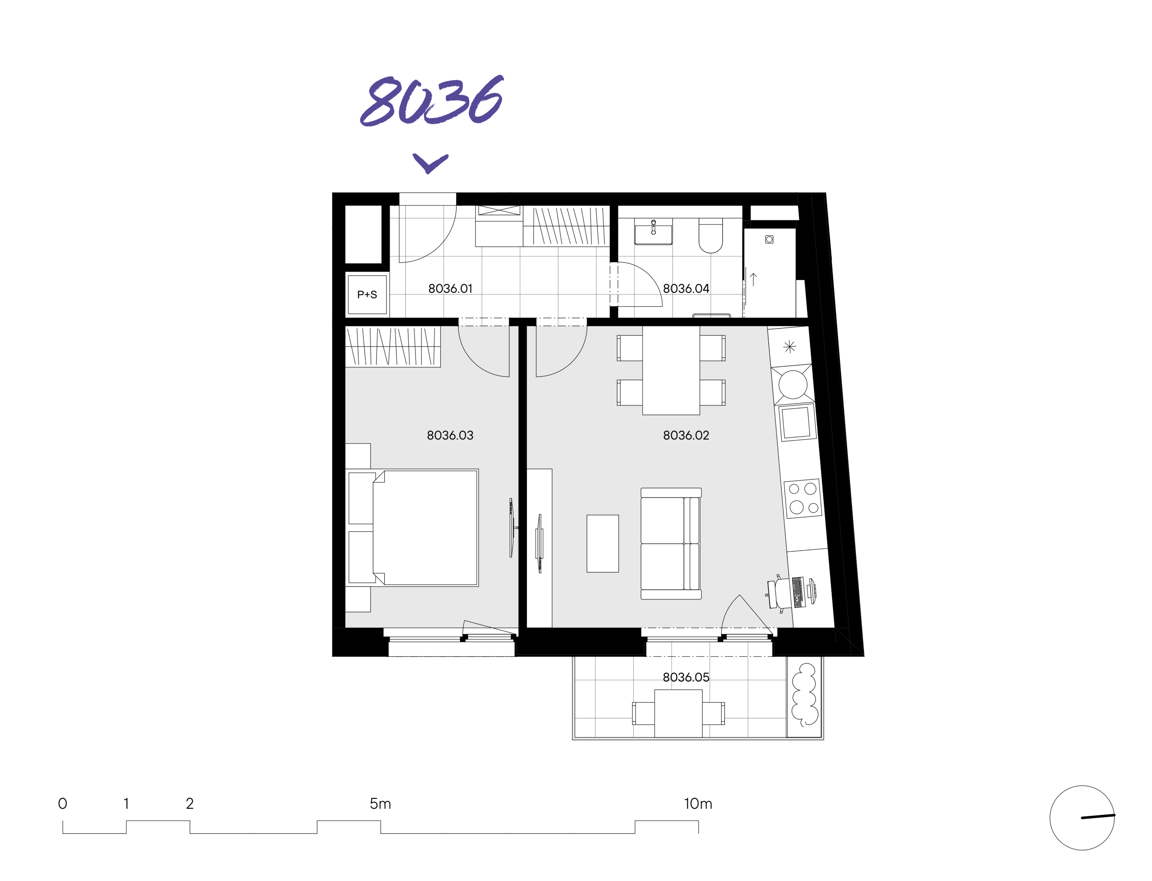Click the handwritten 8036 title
point(432,101)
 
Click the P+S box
point(367,295)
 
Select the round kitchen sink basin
point(793,384)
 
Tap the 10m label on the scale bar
point(698,803)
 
